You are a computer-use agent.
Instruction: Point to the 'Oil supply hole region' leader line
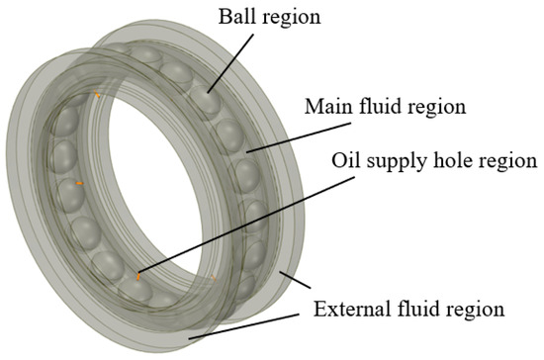click(x=227, y=222)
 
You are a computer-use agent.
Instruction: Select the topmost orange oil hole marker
click(x=98, y=94)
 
